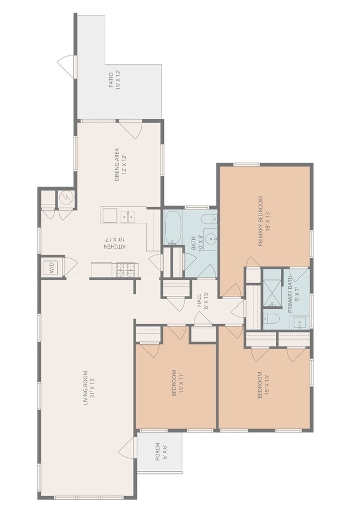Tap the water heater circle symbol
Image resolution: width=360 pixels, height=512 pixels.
pyautogui.click(x=65, y=197)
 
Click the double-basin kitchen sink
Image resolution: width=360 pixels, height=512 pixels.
pyautogui.click(x=128, y=215)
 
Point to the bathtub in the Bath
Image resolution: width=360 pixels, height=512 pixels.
pyautogui.click(x=173, y=227)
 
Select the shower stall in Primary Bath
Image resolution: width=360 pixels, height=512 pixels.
pyautogui.click(x=271, y=289)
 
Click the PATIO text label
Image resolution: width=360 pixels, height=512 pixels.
pyautogui.click(x=115, y=81)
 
